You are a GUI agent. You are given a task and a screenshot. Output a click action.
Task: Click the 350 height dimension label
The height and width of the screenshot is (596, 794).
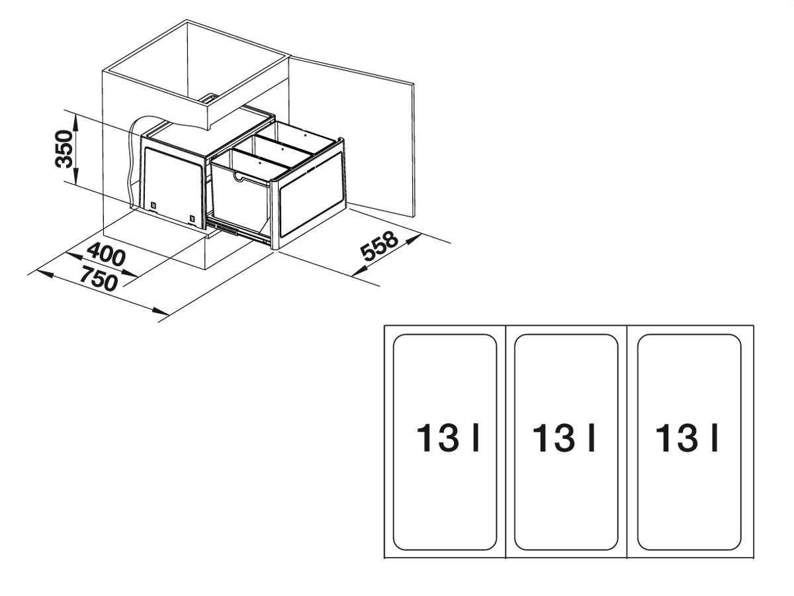[64, 149]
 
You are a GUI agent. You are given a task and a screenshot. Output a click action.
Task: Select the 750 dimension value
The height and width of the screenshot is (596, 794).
[99, 278]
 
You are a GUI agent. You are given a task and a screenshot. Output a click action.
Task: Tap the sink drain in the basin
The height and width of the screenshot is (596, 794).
[209, 99]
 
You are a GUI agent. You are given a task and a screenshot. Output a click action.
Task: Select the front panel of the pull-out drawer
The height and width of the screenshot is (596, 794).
[311, 199]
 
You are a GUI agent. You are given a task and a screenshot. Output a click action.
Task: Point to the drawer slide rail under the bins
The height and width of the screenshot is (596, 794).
[239, 230]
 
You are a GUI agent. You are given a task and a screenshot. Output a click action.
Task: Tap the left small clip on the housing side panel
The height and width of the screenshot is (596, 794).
[153, 205]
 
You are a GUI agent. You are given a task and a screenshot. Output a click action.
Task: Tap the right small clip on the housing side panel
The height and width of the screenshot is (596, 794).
[192, 219]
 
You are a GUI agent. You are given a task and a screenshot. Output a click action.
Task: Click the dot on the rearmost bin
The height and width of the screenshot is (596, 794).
[306, 134]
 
